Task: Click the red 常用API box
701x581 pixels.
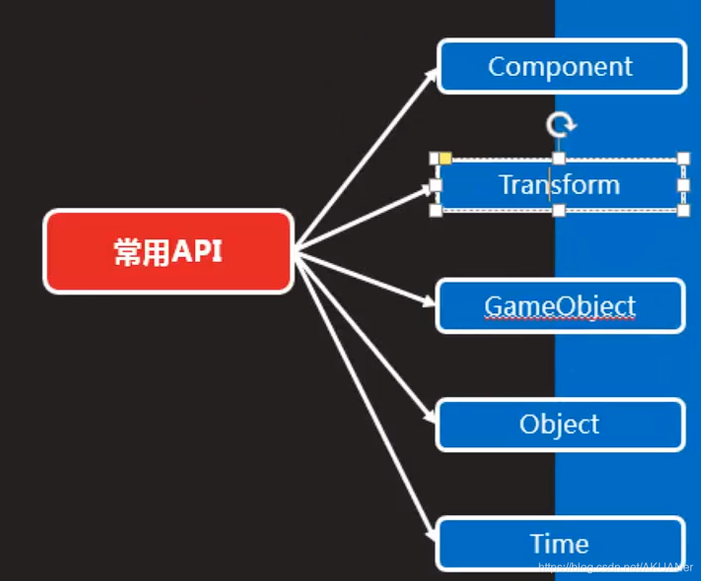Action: click(168, 251)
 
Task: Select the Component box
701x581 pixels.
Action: click(561, 67)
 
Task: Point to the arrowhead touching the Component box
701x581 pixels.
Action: click(431, 72)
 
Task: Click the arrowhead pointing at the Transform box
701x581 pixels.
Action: click(427, 189)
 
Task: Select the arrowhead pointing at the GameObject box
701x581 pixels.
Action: click(429, 302)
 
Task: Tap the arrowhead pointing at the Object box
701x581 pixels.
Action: click(429, 419)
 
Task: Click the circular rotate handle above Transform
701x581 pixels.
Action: click(560, 125)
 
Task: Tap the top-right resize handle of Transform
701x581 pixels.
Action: click(683, 158)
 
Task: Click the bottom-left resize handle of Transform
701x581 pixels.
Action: click(436, 211)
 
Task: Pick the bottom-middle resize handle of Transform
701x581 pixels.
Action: click(559, 211)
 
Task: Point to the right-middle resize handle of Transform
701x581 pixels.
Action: click(683, 185)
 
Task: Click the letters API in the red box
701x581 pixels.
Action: click(196, 252)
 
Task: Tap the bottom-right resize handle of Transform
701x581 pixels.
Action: click(683, 211)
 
